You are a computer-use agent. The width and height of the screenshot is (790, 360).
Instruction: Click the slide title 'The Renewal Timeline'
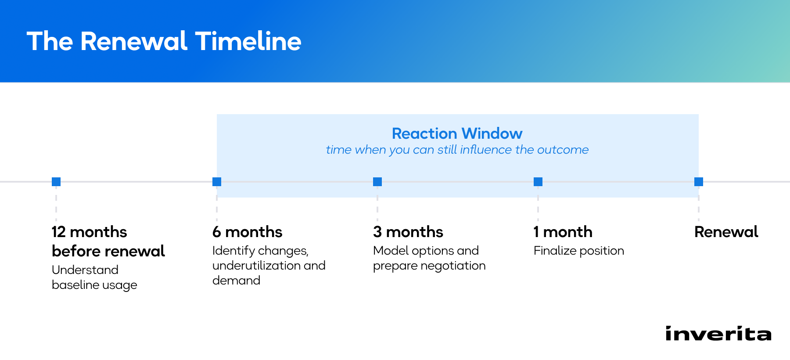tap(164, 42)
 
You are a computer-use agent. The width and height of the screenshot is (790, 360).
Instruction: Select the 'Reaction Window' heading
tap(457, 133)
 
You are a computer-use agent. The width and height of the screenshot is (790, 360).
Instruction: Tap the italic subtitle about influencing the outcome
tap(457, 150)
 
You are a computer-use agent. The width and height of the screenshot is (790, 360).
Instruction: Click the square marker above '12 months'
tap(56, 182)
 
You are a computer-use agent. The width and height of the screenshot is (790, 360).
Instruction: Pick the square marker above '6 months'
tap(217, 182)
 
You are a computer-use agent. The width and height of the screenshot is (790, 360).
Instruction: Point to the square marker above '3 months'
tap(377, 182)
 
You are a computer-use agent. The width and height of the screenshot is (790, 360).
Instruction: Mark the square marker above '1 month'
tap(538, 182)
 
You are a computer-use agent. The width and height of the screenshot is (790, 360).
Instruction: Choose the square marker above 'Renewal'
tap(699, 182)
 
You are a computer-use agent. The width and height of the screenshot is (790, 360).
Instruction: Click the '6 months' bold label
tap(248, 232)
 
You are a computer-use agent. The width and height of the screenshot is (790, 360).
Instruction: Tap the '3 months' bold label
tap(408, 232)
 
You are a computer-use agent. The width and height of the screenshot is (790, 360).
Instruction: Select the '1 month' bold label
tap(563, 232)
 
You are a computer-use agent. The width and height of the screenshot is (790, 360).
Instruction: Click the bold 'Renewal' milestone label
tap(726, 232)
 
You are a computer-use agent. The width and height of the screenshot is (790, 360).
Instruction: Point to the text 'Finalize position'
tap(579, 251)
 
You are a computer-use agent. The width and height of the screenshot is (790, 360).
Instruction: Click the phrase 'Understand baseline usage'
tap(94, 277)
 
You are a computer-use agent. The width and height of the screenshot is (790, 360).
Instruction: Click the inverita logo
tap(718, 333)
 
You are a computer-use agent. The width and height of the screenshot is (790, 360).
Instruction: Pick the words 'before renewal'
tap(108, 251)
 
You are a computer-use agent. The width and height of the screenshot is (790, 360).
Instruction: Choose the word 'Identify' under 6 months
tap(234, 251)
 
